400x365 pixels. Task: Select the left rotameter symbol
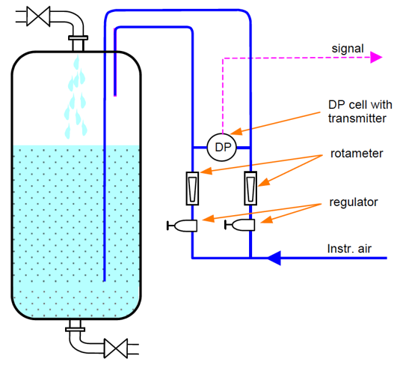click(192, 187)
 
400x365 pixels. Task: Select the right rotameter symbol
click(250, 187)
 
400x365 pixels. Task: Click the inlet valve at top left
click(37, 16)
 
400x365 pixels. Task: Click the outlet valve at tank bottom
click(116, 349)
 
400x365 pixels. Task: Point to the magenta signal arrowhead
click(377, 57)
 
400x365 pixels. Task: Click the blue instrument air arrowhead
click(274, 258)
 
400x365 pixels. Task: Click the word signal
click(348, 49)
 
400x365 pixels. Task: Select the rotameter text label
click(357, 154)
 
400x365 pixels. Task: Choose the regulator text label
click(354, 202)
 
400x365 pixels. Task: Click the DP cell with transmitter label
click(357, 111)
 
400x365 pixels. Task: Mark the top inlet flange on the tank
click(77, 38)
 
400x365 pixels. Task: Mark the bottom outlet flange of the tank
click(74, 326)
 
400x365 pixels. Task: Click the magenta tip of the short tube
click(115, 95)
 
